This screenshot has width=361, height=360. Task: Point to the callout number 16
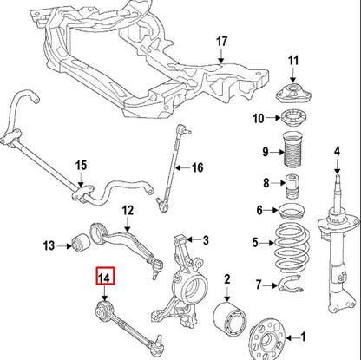196,168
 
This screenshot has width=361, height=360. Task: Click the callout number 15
81,165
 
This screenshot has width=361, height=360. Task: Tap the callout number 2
227,278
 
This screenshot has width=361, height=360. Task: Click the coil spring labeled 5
292,245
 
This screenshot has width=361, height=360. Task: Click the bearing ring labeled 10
292,119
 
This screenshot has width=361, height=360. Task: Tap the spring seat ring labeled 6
292,210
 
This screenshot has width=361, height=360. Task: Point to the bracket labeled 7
293,284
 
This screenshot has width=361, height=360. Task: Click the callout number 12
128,210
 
